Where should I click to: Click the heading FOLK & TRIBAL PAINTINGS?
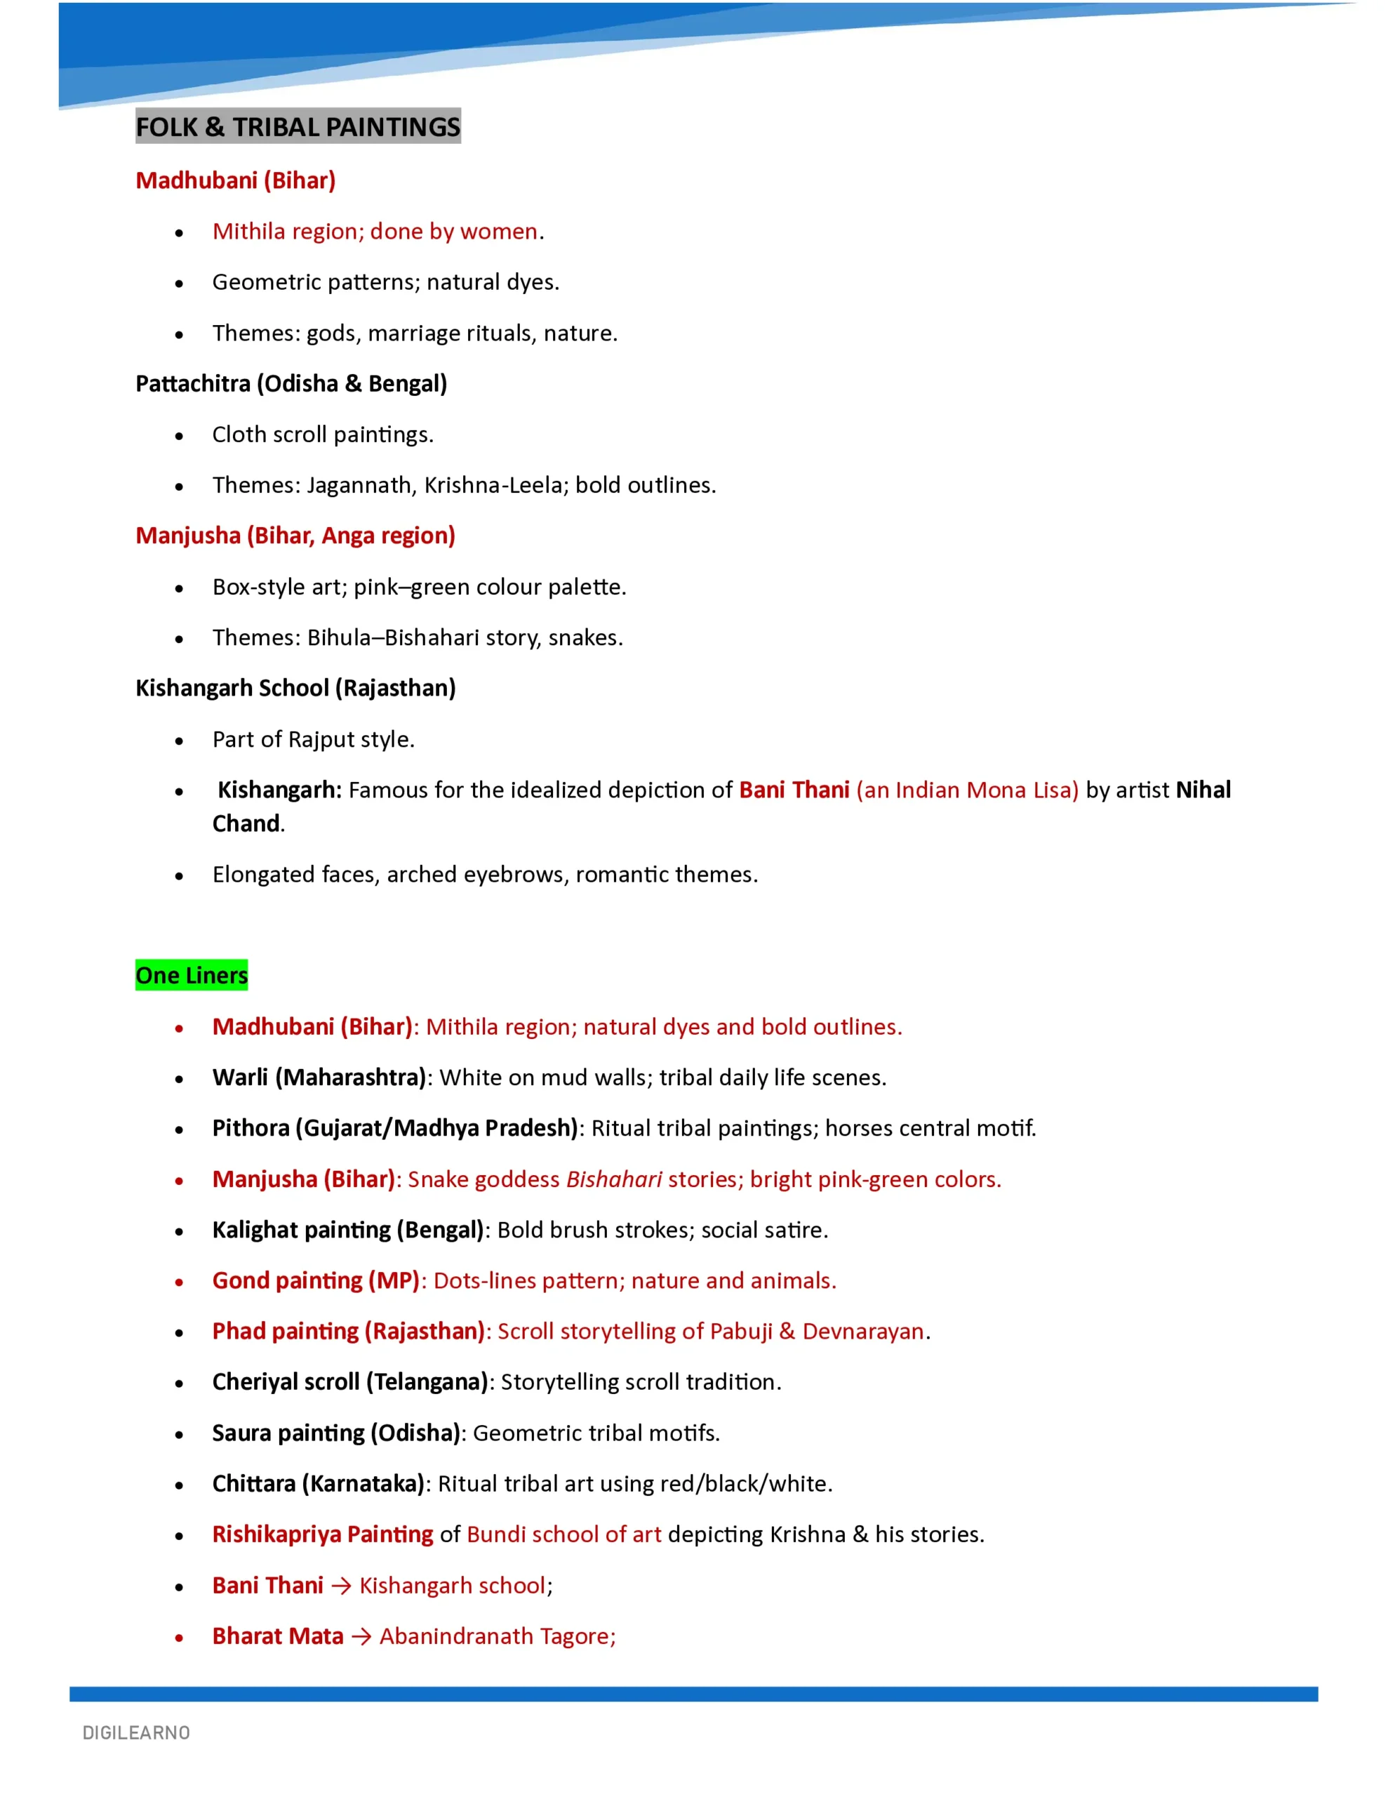coord(297,127)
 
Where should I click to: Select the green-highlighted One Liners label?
coord(191,975)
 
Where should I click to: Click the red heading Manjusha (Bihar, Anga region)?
coord(295,536)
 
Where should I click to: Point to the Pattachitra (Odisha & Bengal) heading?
coord(291,383)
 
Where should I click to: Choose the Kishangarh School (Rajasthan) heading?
coord(295,688)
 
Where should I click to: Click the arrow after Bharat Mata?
coord(361,1636)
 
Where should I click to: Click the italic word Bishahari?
coord(614,1179)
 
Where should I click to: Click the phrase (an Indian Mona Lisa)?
coord(967,790)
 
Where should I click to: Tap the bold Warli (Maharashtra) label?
coord(319,1077)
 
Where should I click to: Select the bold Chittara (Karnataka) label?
coord(318,1483)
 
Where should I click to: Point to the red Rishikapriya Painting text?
coord(323,1534)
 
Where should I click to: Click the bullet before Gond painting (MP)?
coord(178,1282)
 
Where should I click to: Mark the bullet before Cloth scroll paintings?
coord(178,436)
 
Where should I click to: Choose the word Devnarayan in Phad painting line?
coord(863,1332)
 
